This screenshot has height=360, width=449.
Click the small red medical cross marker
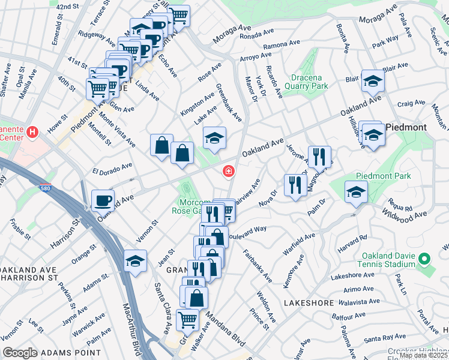click(228, 172)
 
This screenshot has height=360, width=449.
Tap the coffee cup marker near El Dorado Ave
click(103, 200)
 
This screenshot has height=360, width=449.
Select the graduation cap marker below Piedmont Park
click(356, 193)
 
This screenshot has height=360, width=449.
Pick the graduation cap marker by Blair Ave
click(373, 82)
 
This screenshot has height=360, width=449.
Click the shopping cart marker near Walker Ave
click(188, 319)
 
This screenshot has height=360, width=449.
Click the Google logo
click(19, 353)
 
